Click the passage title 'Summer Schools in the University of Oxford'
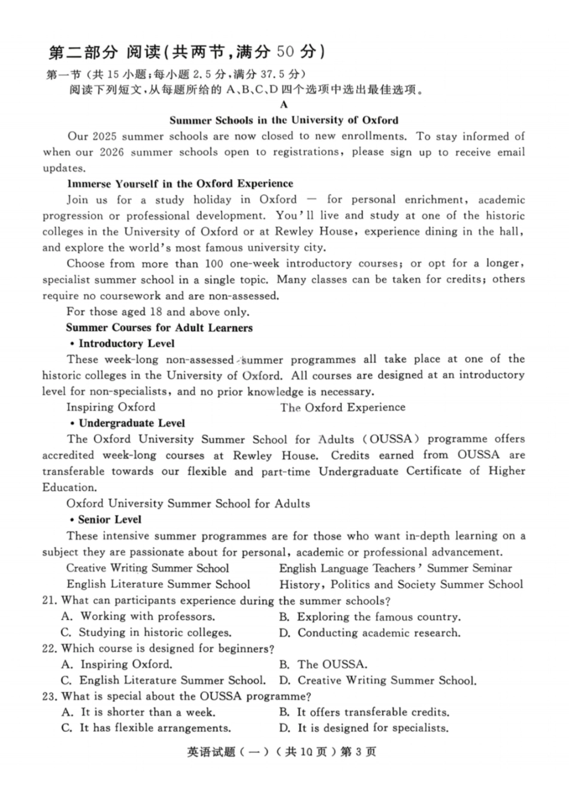[283, 120]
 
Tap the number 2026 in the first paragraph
[111, 152]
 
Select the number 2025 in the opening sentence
[105, 137]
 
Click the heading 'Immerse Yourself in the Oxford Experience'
[180, 184]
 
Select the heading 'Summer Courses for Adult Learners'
[159, 328]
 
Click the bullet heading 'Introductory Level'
[126, 344]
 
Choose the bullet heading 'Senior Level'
[110, 520]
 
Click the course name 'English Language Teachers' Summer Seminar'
[395, 568]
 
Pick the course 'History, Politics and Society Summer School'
[401, 585]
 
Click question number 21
[49, 601]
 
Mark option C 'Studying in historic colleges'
[146, 632]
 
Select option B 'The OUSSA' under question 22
[323, 664]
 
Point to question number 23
[49, 697]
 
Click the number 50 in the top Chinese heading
[285, 52]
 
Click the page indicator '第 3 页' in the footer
[358, 752]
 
